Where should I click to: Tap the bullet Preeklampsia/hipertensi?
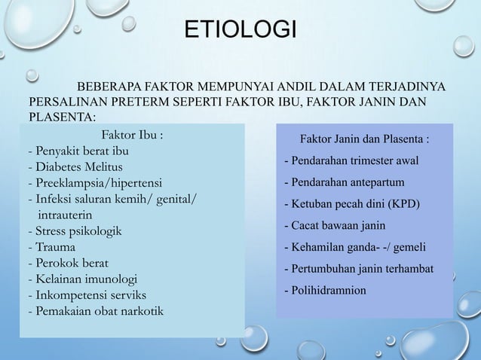coord(94,182)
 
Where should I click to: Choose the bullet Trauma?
coord(50,247)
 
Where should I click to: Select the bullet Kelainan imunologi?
coord(84,279)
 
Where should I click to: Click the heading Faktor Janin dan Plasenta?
coord(366,139)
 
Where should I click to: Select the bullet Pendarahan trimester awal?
coord(351,160)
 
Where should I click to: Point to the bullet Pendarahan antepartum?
coord(344,182)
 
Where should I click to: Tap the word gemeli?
coord(409,247)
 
